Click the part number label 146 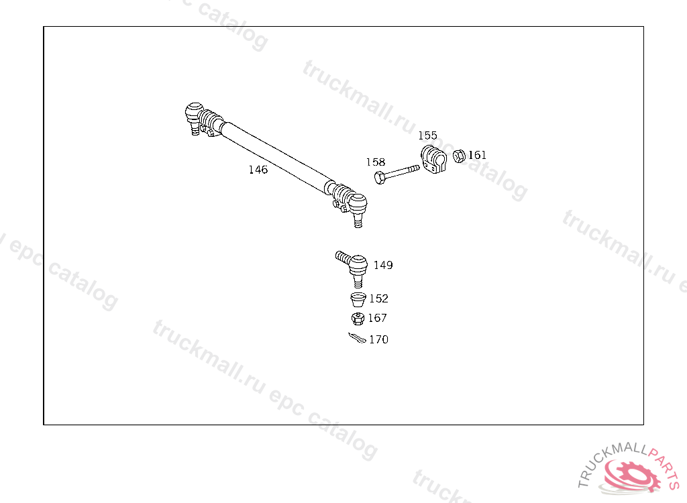click(258, 170)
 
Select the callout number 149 click(383, 265)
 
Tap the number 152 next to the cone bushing click(378, 298)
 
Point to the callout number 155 click(427, 135)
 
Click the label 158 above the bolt click(376, 162)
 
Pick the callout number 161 click(477, 155)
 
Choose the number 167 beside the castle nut click(377, 318)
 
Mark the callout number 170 click(378, 339)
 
